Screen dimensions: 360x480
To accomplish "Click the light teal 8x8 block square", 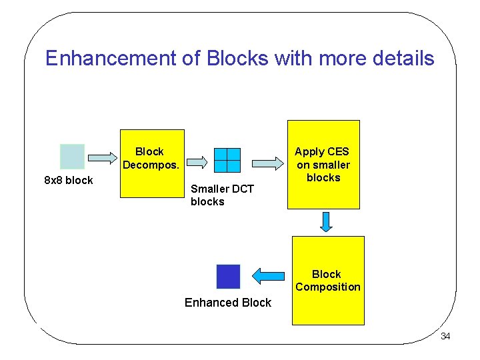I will click(72, 157).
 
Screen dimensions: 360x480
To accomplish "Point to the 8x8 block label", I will click(68, 181).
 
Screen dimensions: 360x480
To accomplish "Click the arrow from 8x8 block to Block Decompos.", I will click(102, 158).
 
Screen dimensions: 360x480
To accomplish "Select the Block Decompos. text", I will click(150, 158).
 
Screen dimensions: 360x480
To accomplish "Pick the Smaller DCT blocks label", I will click(222, 195).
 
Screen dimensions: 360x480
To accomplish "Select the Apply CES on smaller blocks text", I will click(323, 165).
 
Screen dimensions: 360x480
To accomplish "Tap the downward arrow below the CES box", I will click(326, 221).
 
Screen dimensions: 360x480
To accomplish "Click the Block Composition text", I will click(327, 281).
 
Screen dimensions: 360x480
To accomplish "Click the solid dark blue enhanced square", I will click(228, 277).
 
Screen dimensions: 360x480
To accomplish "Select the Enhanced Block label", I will click(228, 303).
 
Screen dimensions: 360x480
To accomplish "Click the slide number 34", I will click(445, 337).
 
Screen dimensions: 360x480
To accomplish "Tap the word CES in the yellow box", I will click(337, 152).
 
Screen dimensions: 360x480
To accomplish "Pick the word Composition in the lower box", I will click(327, 287).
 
